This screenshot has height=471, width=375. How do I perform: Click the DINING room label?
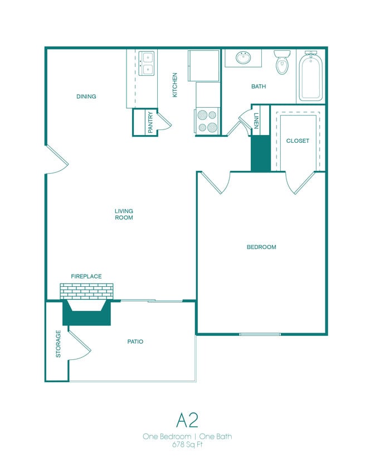coord(86,97)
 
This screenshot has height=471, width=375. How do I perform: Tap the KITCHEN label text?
coord(175,85)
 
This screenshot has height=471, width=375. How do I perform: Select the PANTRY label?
coord(150,123)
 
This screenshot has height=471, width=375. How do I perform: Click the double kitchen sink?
coord(147,63)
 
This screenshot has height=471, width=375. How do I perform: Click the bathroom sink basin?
coord(243,57)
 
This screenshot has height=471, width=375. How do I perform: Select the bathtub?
coord(310,76)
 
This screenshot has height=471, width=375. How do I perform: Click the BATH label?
coord(259,86)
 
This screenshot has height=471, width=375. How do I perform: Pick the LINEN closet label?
coord(256,121)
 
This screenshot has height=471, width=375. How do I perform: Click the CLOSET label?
coord(298,141)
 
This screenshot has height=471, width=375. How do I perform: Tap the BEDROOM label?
coord(261,247)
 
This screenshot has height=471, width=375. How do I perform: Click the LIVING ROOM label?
coord(124,214)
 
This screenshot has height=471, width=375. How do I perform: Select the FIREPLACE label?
coord(86,276)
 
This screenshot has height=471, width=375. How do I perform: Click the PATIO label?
coord(135,342)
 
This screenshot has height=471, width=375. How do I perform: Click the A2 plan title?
coord(187,419)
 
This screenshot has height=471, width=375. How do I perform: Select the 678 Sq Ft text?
coord(187,445)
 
